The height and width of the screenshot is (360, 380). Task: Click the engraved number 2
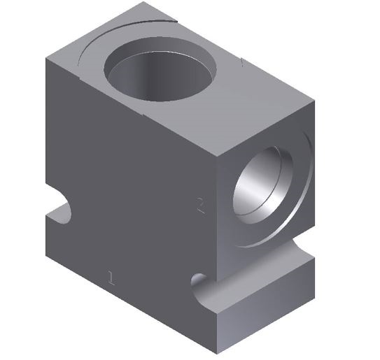[x=201, y=205]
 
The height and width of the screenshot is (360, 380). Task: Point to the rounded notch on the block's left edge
[x=62, y=210]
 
